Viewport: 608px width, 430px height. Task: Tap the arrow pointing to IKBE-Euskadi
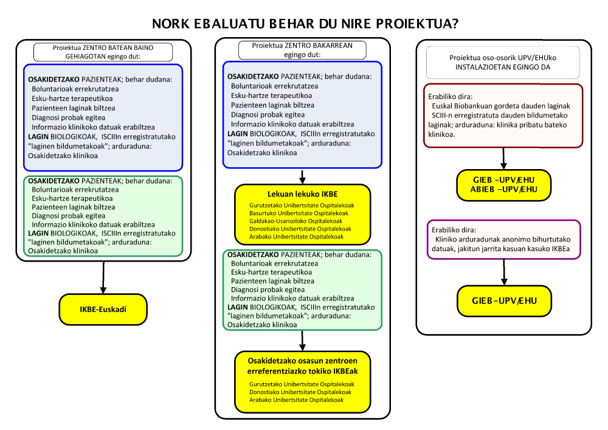click(103, 277)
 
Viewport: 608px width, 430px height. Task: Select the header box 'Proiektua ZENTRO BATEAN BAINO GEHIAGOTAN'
click(103, 52)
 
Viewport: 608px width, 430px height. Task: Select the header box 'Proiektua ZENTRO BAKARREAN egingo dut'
click(302, 50)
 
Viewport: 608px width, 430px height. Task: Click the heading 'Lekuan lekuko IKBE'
click(302, 194)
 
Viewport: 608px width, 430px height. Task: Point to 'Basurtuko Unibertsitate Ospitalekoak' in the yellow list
click(299, 213)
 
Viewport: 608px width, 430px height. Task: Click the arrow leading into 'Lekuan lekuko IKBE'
click(302, 176)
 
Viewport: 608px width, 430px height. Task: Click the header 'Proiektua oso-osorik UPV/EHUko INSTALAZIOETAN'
click(502, 63)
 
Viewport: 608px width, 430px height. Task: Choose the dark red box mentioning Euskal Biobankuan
click(502, 116)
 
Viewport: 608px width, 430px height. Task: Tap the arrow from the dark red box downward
click(503, 159)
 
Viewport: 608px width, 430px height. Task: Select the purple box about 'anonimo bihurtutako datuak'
click(502, 238)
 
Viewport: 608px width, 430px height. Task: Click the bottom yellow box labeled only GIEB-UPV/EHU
click(503, 300)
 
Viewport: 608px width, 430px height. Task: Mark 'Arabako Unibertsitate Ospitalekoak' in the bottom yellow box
click(296, 400)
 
